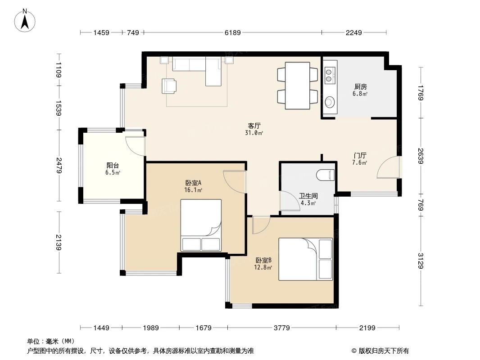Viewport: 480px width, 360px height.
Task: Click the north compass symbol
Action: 26,21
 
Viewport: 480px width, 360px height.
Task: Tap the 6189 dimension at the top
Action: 232,32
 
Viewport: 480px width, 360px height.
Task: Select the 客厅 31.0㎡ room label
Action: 254,129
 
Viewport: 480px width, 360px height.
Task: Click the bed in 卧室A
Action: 201,225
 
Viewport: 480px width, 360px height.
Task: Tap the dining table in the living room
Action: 297,85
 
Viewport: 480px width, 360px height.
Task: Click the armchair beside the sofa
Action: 169,85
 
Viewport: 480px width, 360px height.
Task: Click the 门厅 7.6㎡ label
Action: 360,159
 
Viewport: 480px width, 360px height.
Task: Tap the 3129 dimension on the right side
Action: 420,261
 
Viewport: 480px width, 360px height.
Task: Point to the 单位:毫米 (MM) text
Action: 50,341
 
